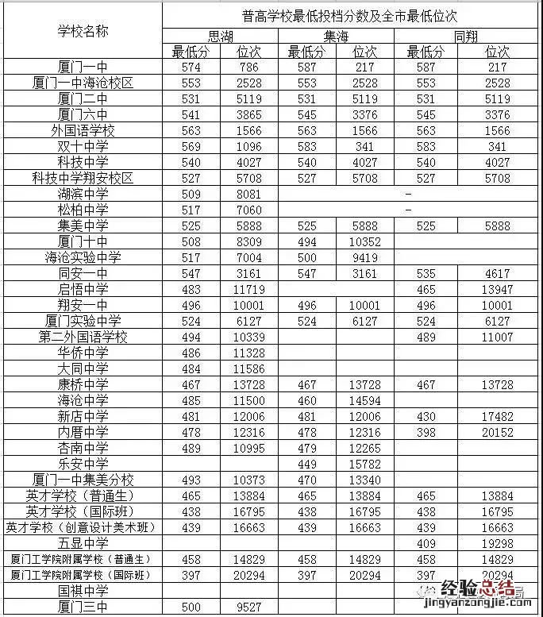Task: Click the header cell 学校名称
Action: click(83, 31)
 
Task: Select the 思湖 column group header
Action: click(221, 37)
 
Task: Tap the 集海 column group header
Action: click(336, 37)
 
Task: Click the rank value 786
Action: click(249, 67)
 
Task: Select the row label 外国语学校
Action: click(83, 131)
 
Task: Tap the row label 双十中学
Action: click(83, 147)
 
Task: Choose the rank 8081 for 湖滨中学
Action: click(249, 195)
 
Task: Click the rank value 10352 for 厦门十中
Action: click(364, 242)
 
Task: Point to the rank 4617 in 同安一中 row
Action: click(497, 274)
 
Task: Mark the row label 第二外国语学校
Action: click(83, 337)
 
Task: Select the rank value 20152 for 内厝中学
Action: click(497, 431)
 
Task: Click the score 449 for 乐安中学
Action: click(306, 463)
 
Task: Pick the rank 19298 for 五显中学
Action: click(497, 542)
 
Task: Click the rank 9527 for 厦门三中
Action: click(249, 607)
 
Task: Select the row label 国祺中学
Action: click(83, 591)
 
